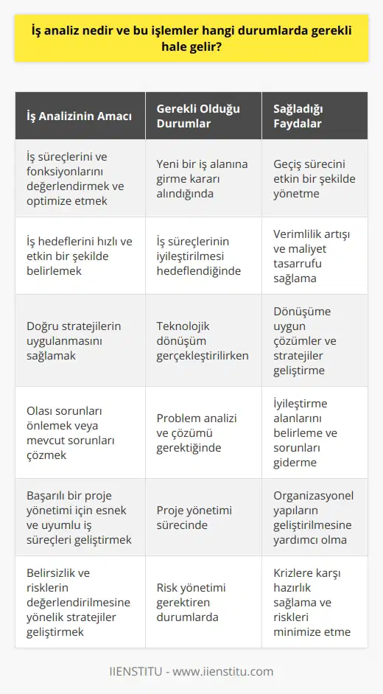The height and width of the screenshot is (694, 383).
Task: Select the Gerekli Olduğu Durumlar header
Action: pos(191,116)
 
